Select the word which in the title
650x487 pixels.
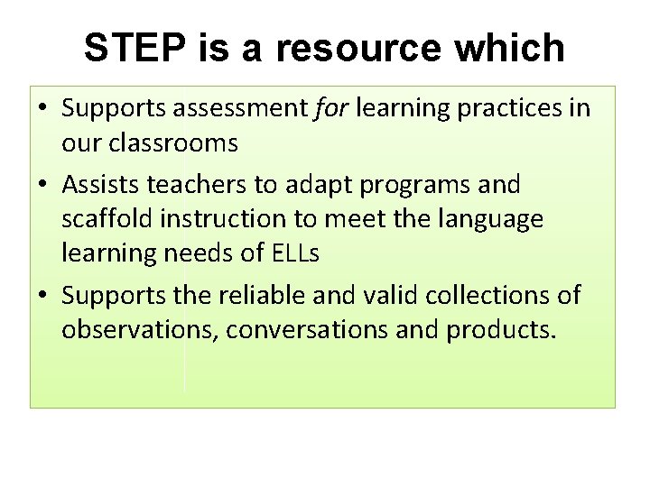(x=512, y=49)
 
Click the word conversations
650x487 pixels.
(x=307, y=330)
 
